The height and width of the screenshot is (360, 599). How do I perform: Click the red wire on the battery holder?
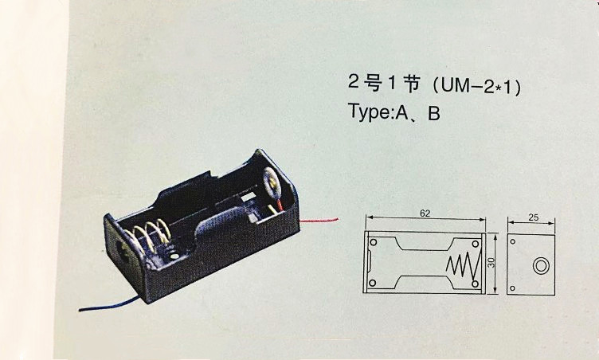(x=319, y=218)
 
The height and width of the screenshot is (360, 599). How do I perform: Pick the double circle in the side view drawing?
(x=542, y=264)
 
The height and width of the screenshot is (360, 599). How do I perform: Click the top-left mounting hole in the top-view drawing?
(x=371, y=240)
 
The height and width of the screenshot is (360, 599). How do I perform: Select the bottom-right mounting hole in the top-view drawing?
(x=476, y=284)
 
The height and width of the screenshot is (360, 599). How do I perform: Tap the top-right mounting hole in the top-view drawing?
(x=476, y=241)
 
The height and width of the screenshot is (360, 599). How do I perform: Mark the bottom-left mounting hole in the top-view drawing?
(x=371, y=284)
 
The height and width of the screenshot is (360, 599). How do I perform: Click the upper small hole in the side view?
(x=515, y=241)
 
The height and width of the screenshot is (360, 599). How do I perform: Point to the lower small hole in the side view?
(x=515, y=287)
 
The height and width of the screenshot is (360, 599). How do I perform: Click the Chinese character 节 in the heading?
(x=410, y=85)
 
